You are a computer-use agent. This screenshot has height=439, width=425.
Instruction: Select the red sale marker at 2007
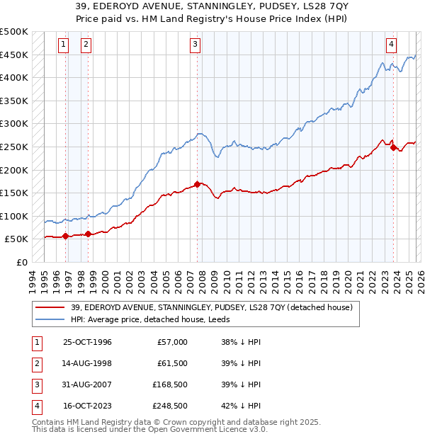coord(197,184)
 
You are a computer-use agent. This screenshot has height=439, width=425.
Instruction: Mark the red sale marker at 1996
coord(66,236)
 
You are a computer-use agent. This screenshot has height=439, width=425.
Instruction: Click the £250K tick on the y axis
coord(14,147)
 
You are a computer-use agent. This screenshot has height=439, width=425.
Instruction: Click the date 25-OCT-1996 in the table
coord(87,342)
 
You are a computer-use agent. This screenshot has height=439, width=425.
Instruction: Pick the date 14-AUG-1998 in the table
coord(87,363)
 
